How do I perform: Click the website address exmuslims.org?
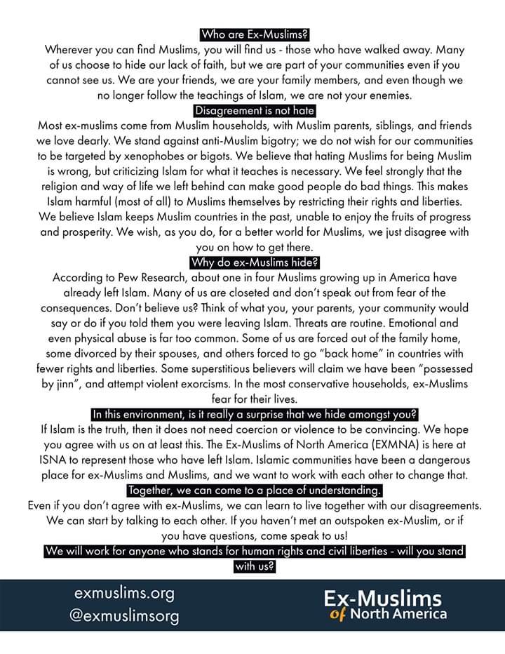pyautogui.click(x=124, y=593)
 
